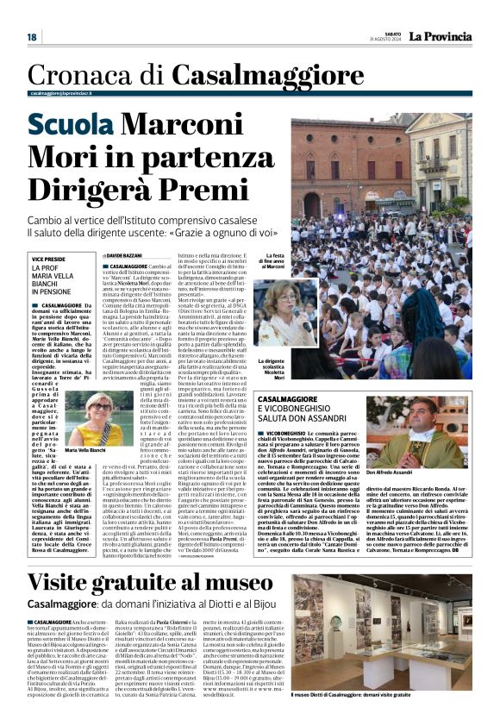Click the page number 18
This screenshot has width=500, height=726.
(x=32, y=37)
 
